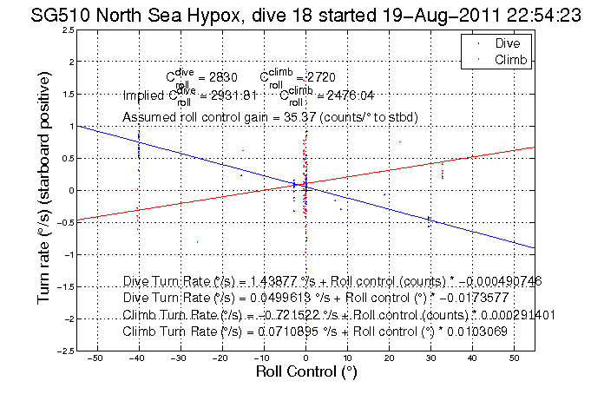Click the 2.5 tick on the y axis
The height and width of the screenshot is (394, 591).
click(67, 30)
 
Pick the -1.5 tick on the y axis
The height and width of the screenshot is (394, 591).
click(63, 286)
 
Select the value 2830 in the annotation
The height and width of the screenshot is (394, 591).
click(223, 78)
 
